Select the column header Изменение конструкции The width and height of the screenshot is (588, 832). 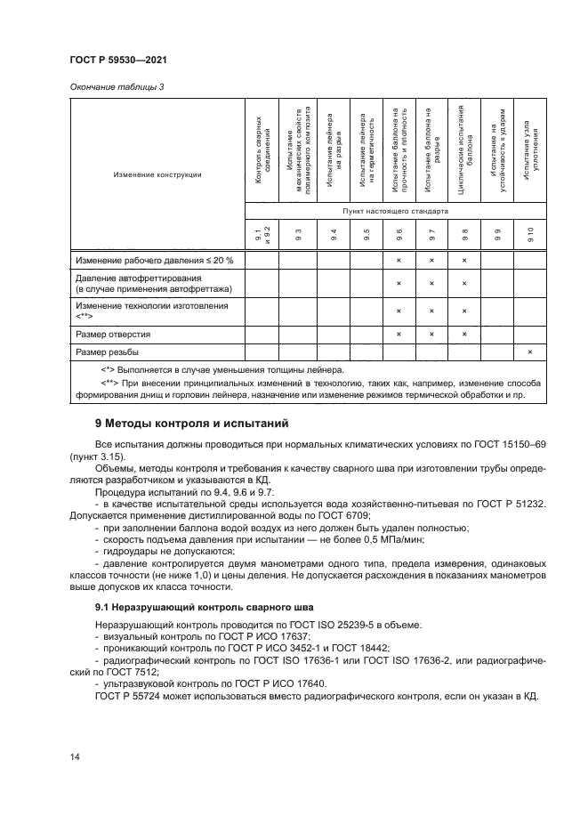(157, 174)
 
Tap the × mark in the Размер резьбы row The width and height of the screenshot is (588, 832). (529, 352)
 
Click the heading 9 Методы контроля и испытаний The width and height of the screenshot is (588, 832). (191, 423)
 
